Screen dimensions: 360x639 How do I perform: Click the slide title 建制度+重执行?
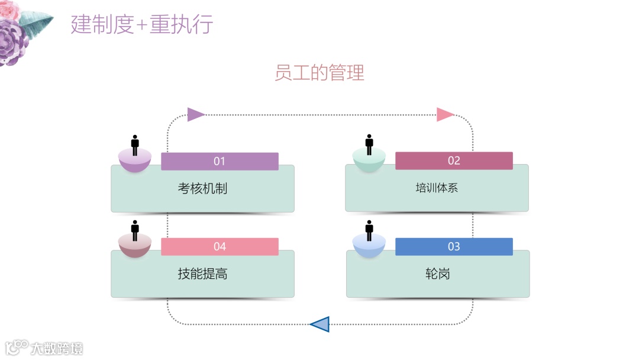(x=141, y=25)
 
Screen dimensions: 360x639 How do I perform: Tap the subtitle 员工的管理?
(x=319, y=73)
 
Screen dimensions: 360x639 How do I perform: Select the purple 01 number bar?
(x=220, y=161)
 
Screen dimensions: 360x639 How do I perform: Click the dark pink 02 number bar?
(x=454, y=161)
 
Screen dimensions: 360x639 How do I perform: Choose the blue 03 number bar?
(x=454, y=246)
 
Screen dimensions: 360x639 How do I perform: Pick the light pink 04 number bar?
(x=220, y=246)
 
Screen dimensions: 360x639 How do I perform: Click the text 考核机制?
(x=202, y=188)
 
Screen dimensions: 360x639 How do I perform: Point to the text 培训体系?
(x=437, y=188)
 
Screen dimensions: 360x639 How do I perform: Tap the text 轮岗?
(x=437, y=274)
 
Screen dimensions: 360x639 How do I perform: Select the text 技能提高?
(x=202, y=274)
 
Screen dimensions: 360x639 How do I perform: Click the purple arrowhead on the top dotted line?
(x=195, y=114)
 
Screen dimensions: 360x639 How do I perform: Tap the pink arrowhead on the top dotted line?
(x=445, y=114)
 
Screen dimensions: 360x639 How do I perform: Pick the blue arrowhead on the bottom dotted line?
(x=320, y=324)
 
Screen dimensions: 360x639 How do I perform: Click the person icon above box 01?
(x=135, y=145)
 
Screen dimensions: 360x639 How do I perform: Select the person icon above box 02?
(x=369, y=145)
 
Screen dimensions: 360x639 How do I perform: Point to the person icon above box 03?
(x=369, y=230)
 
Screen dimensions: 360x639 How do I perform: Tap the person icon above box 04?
(x=135, y=230)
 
